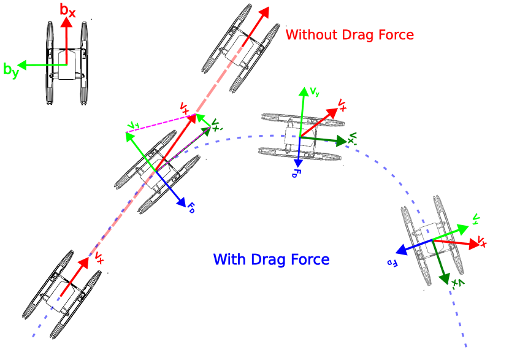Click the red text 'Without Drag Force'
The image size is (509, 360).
tap(350, 35)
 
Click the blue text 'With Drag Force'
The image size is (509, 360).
tap(271, 259)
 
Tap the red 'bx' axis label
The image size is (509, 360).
tap(67, 9)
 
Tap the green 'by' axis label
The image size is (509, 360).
tap(10, 70)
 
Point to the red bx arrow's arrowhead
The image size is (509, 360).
tap(67, 23)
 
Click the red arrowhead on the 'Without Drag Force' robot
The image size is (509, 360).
tap(265, 12)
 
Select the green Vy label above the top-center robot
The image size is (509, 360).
tap(314, 92)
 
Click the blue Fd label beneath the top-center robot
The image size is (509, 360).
tap(296, 174)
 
